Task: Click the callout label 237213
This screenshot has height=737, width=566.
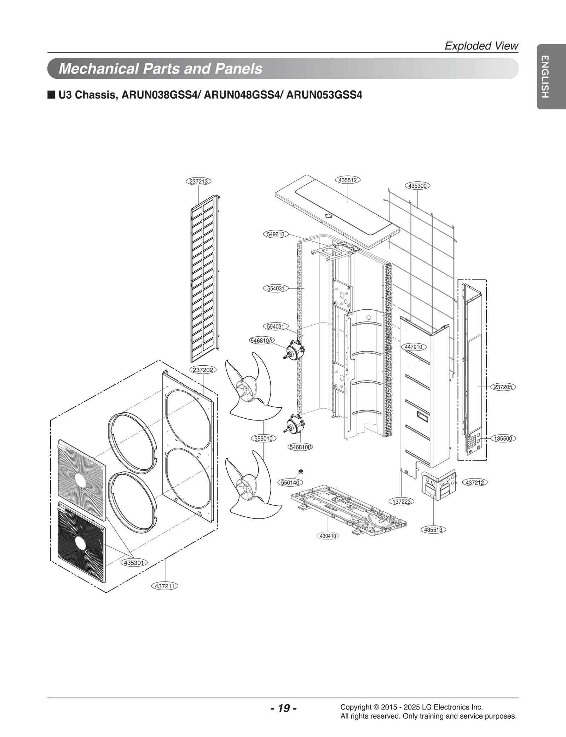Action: coord(198,181)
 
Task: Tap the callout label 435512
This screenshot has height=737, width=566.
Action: coord(347,180)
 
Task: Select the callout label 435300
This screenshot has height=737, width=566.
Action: coord(417,186)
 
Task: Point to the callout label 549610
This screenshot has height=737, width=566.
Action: coord(276,234)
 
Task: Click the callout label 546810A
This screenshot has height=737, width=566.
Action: coord(262,341)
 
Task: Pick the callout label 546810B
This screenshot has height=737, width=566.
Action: coord(301,447)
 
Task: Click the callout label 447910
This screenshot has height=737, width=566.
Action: coord(414,347)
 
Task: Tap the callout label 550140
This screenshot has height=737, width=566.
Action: coord(290,482)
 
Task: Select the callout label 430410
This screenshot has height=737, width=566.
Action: coord(328,536)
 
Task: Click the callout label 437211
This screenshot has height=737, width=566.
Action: coord(165,586)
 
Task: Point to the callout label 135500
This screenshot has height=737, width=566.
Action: coord(503,439)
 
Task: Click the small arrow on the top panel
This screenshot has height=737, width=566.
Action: coord(329,215)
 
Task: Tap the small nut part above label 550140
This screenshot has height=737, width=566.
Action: coord(301,471)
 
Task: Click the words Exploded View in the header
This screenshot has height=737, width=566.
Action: coord(481,46)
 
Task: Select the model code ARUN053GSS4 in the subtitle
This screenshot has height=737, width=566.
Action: coord(324,95)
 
